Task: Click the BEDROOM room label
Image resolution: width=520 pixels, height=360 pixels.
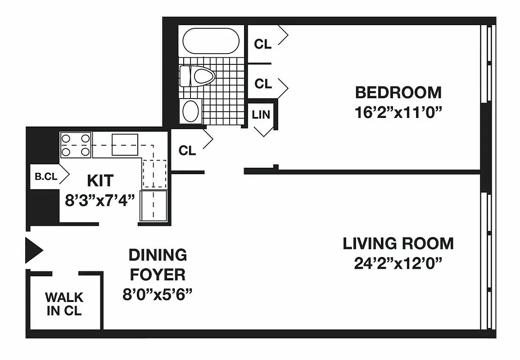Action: pos(398,93)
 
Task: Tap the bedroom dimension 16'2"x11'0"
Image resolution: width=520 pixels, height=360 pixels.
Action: pos(398,112)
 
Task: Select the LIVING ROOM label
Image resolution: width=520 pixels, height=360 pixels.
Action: pos(398,243)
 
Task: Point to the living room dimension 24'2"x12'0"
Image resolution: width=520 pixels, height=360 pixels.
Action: pos(398,263)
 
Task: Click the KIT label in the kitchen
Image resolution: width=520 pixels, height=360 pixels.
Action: pos(100,180)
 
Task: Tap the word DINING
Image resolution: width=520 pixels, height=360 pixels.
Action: pos(158,255)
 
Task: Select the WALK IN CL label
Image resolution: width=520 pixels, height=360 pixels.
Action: pos(64,304)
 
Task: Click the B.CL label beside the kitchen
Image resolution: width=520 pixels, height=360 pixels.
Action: pos(46,177)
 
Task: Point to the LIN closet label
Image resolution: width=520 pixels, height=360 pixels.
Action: pos(261,115)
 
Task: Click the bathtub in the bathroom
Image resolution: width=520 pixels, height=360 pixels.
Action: pos(211,42)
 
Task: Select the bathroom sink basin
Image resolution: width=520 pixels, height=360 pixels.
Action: pos(191,110)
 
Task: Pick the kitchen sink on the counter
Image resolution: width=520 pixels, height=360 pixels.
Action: pos(125,144)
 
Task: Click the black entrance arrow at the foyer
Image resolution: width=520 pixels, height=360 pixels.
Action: pos(33,250)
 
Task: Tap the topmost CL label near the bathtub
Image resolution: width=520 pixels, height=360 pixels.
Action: pos(263,44)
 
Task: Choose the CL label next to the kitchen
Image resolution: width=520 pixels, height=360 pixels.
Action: pos(187,151)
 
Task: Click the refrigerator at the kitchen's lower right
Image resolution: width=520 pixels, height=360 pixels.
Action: pos(154,205)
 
